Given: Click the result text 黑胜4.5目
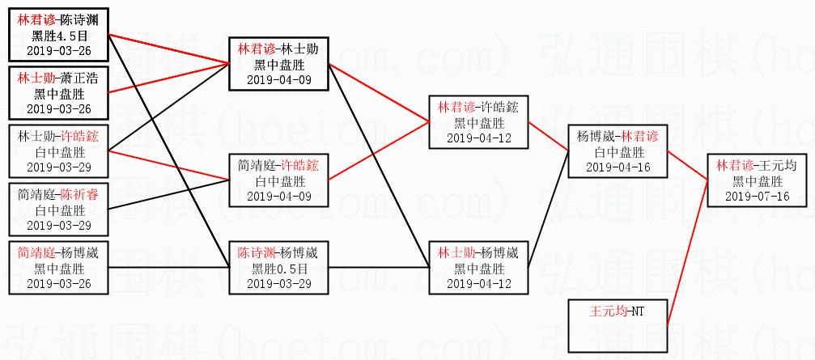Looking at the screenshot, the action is (59, 36).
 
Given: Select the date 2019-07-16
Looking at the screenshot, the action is (757, 196).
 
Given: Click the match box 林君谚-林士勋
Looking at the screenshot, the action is (278, 64).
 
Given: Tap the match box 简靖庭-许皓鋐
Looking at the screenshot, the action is (278, 180).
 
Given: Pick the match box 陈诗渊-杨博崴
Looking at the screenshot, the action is (278, 268).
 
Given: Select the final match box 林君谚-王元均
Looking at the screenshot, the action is (757, 180).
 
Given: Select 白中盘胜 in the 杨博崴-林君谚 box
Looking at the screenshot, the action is (618, 151).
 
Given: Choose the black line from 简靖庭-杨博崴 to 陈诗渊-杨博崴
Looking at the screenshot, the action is (168, 267).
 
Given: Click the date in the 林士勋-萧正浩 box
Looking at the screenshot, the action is (59, 108).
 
